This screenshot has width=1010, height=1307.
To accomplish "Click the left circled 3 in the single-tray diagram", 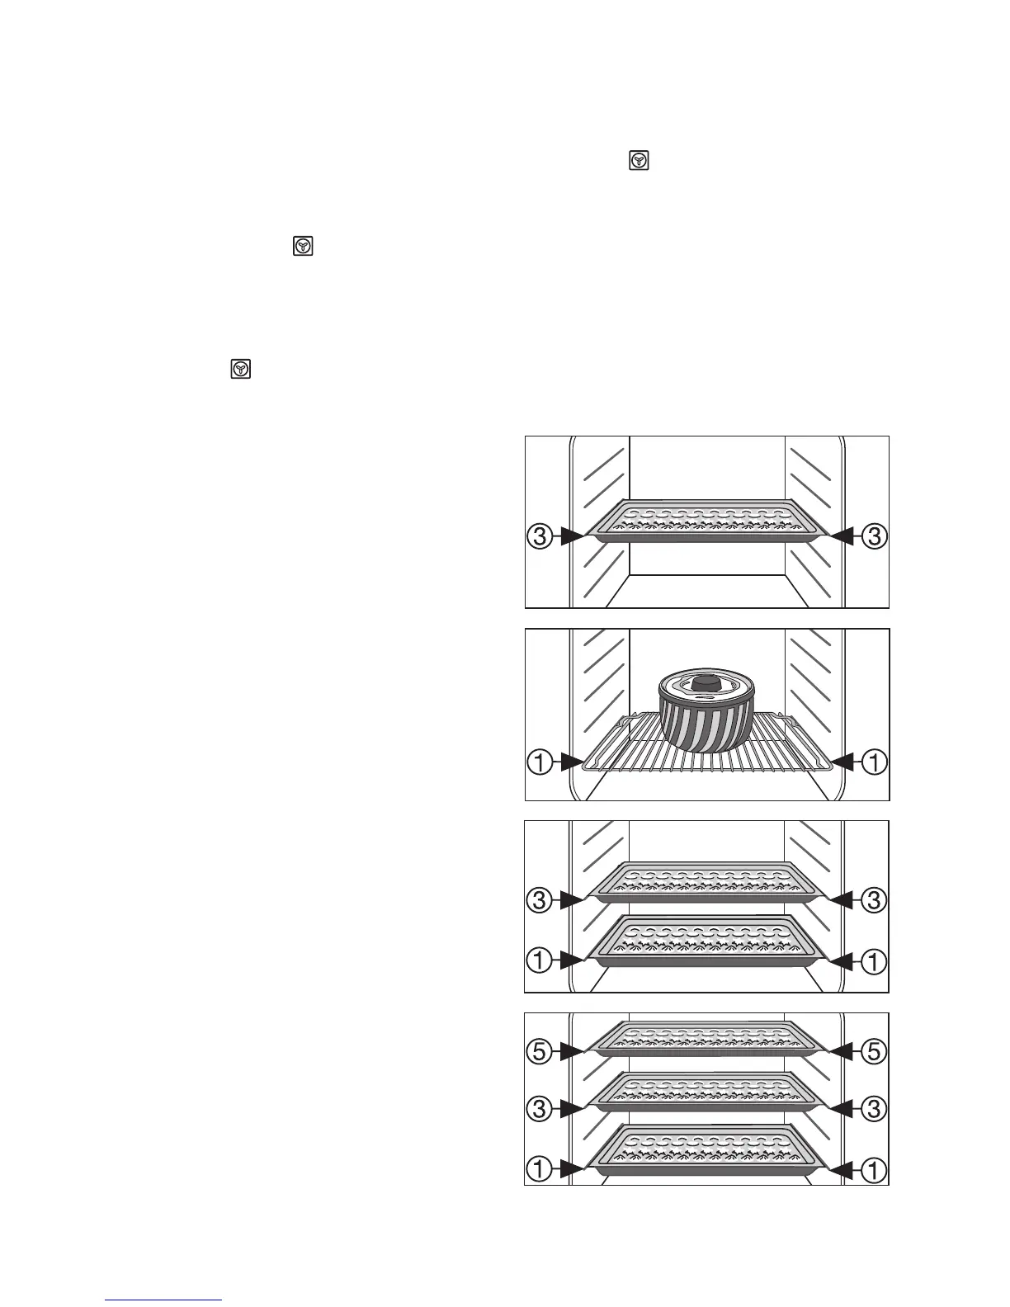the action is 538,537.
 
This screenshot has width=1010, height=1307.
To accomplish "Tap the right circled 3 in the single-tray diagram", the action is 874,537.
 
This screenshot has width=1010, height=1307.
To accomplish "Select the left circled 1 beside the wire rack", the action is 538,763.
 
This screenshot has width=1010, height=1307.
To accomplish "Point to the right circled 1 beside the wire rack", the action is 874,763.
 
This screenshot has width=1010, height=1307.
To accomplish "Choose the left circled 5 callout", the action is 538,1051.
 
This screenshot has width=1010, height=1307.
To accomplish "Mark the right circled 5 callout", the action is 874,1051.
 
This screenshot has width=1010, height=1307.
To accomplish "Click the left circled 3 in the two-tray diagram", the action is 538,900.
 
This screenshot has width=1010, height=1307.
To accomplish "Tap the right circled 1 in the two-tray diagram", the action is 874,960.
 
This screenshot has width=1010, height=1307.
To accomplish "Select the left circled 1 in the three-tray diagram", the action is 538,1168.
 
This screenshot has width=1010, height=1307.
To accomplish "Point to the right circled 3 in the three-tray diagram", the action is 874,1110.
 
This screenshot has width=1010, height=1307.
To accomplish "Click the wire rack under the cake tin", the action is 611,751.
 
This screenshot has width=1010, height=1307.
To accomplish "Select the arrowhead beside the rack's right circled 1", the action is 841,763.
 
